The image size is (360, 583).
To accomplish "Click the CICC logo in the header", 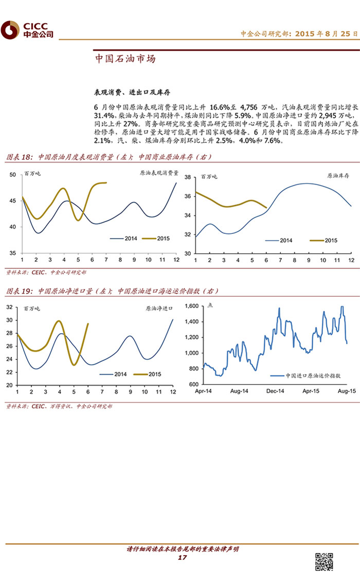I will point(27,30).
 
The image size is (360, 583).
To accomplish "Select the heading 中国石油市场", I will point(125,59).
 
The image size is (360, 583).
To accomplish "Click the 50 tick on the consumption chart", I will point(13,175).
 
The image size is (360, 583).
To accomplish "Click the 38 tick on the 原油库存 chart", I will point(188,177).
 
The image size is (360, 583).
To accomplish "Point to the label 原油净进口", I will point(159,309).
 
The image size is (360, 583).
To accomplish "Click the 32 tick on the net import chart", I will point(10,307).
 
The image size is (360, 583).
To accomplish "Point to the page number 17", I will point(182,558).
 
